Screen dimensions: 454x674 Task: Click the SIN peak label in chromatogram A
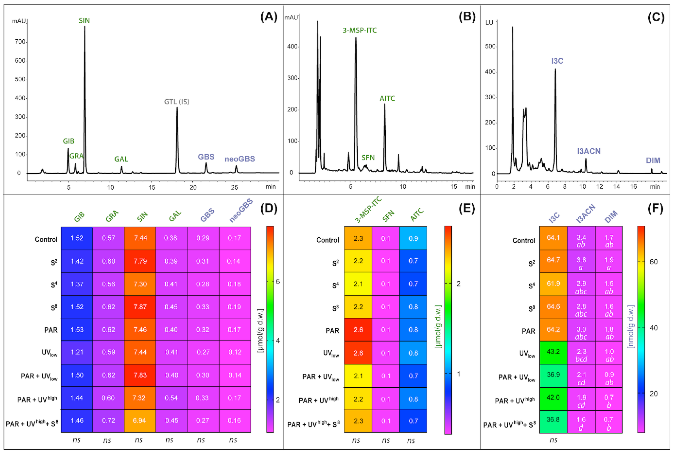(84, 20)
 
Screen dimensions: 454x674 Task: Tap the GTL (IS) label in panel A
(176, 102)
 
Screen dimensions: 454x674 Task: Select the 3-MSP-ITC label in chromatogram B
(359, 30)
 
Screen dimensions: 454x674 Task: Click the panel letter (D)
(269, 209)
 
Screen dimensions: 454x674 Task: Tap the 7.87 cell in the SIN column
(140, 307)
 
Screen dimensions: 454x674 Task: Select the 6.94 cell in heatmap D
(139, 420)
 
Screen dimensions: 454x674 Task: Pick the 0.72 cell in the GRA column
(108, 420)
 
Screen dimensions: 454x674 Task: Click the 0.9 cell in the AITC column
(413, 238)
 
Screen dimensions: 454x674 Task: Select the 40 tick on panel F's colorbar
(654, 328)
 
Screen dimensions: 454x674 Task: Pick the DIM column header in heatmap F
(611, 217)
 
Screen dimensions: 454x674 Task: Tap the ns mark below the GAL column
(169, 440)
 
